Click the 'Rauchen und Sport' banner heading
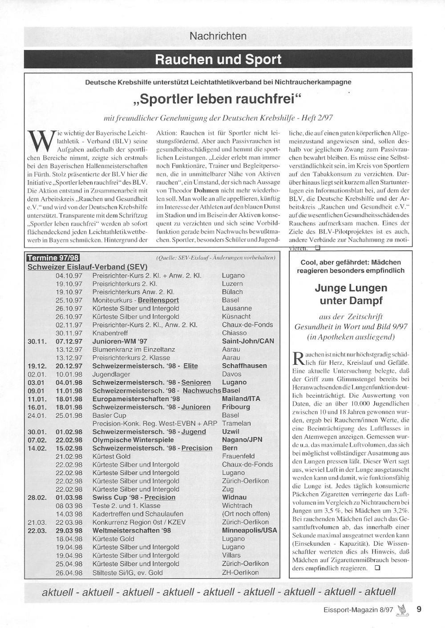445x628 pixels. (x=218, y=60)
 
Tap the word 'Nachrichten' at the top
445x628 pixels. (x=218, y=36)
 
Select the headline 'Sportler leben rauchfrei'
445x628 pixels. (x=218, y=98)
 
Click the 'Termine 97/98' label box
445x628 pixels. (x=53, y=258)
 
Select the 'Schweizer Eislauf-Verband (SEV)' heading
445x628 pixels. (x=87, y=267)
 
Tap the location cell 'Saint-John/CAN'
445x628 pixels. (x=248, y=341)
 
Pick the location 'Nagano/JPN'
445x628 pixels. (x=242, y=440)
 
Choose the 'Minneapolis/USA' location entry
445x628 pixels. (x=249, y=531)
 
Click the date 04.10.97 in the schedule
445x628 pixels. (x=69, y=275)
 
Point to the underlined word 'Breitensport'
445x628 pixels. (x=158, y=300)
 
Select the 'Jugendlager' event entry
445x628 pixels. (x=111, y=374)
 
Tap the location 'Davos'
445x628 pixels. (x=231, y=374)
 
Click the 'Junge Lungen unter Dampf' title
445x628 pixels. (x=351, y=294)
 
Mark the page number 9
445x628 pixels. (x=419, y=609)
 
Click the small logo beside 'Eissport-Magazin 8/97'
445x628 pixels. (x=403, y=610)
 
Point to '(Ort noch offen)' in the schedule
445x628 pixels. (x=246, y=514)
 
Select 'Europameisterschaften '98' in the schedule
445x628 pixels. (x=136, y=399)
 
